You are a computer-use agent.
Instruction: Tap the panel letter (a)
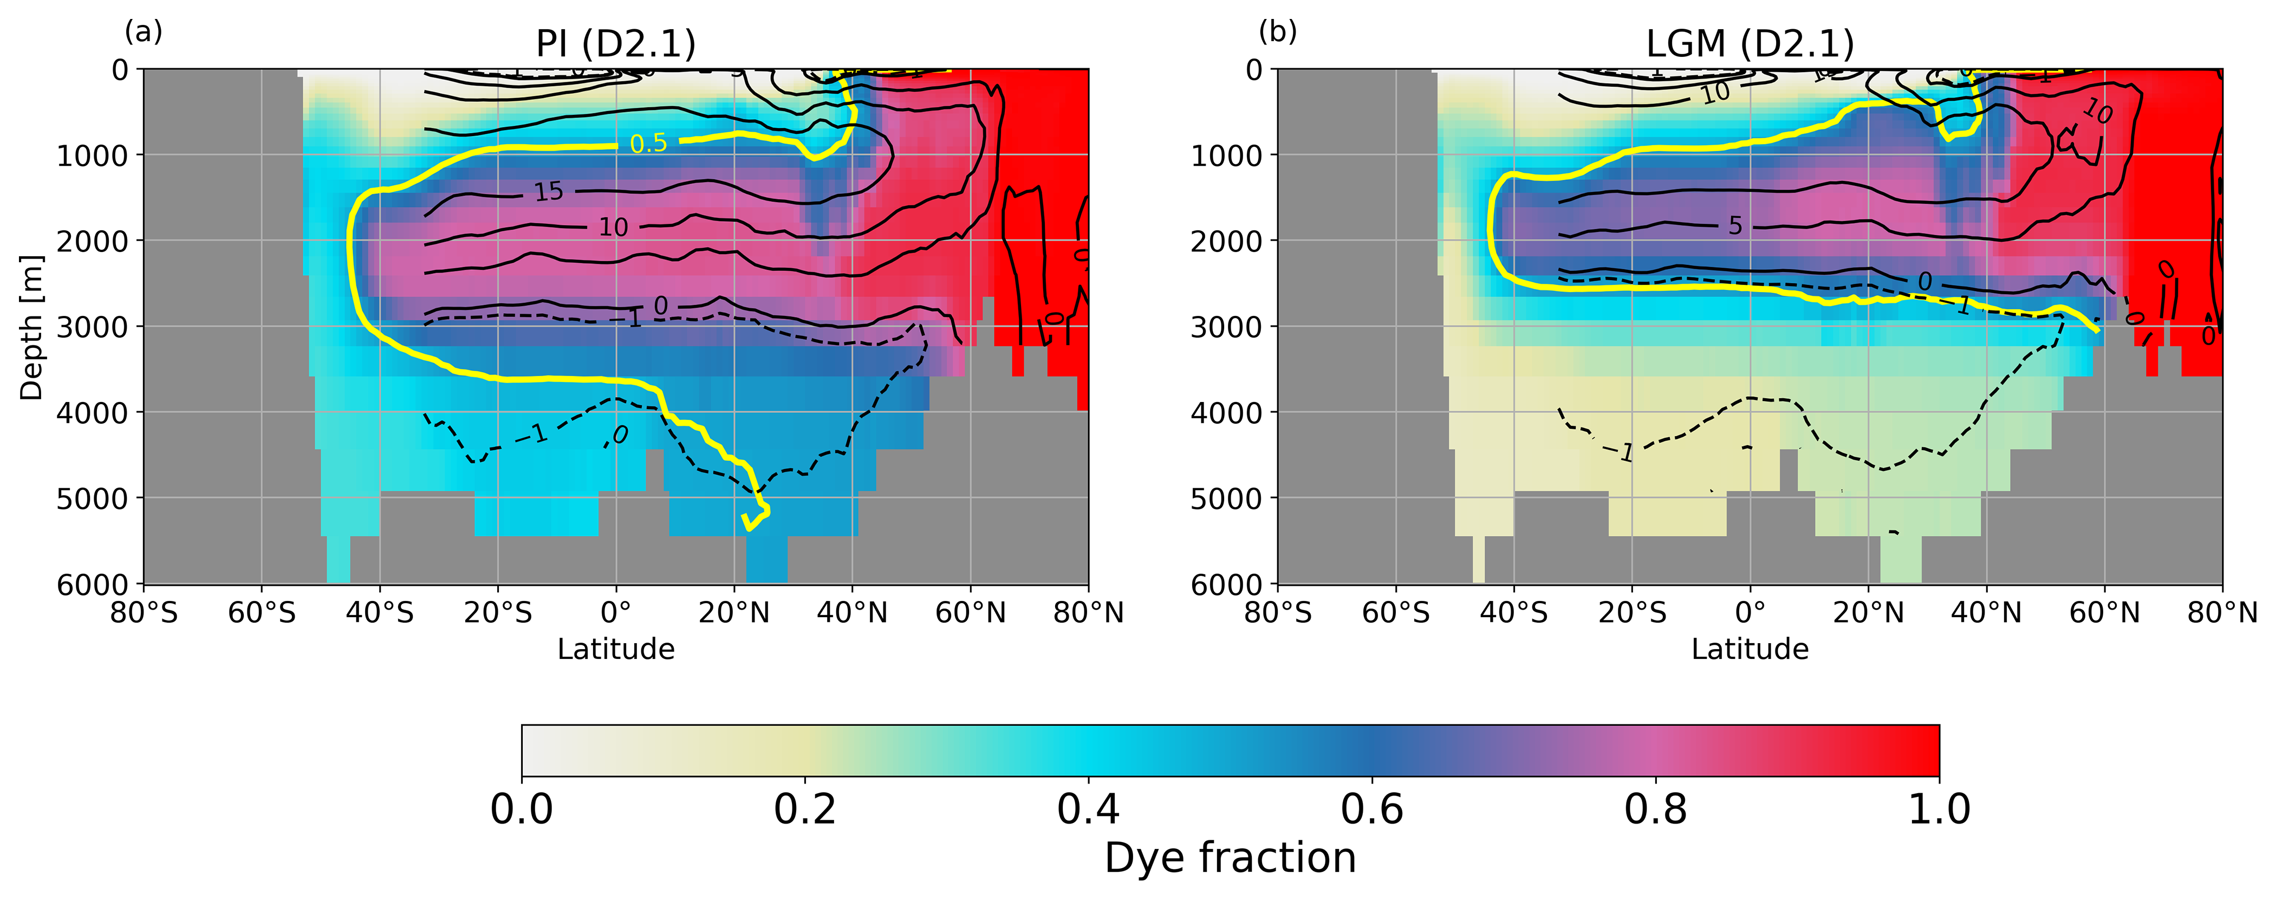click(143, 32)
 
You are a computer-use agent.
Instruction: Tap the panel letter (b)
click(1278, 32)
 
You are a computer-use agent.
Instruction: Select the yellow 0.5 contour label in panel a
click(648, 143)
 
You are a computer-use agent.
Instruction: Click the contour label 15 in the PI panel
click(548, 191)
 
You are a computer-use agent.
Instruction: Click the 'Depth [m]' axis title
click(32, 327)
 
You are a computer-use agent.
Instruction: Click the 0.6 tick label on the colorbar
click(1371, 809)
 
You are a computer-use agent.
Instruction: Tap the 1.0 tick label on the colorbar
click(1939, 809)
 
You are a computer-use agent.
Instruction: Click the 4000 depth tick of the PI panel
click(92, 412)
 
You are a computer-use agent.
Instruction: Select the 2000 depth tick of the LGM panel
click(1226, 241)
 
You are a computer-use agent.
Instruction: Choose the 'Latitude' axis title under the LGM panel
click(1750, 649)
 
